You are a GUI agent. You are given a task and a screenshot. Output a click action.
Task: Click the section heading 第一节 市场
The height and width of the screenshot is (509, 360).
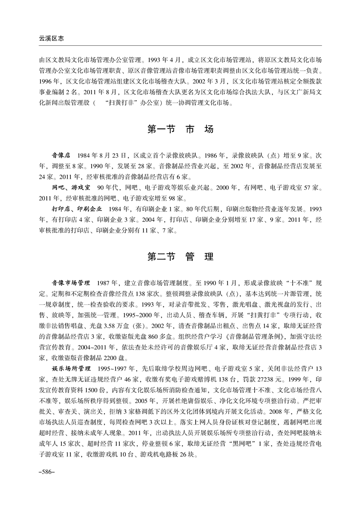180,129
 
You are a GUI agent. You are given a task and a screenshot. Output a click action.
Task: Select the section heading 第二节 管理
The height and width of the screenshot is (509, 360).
180,256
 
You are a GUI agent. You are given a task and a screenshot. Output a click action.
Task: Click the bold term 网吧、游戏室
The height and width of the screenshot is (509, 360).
71,187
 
